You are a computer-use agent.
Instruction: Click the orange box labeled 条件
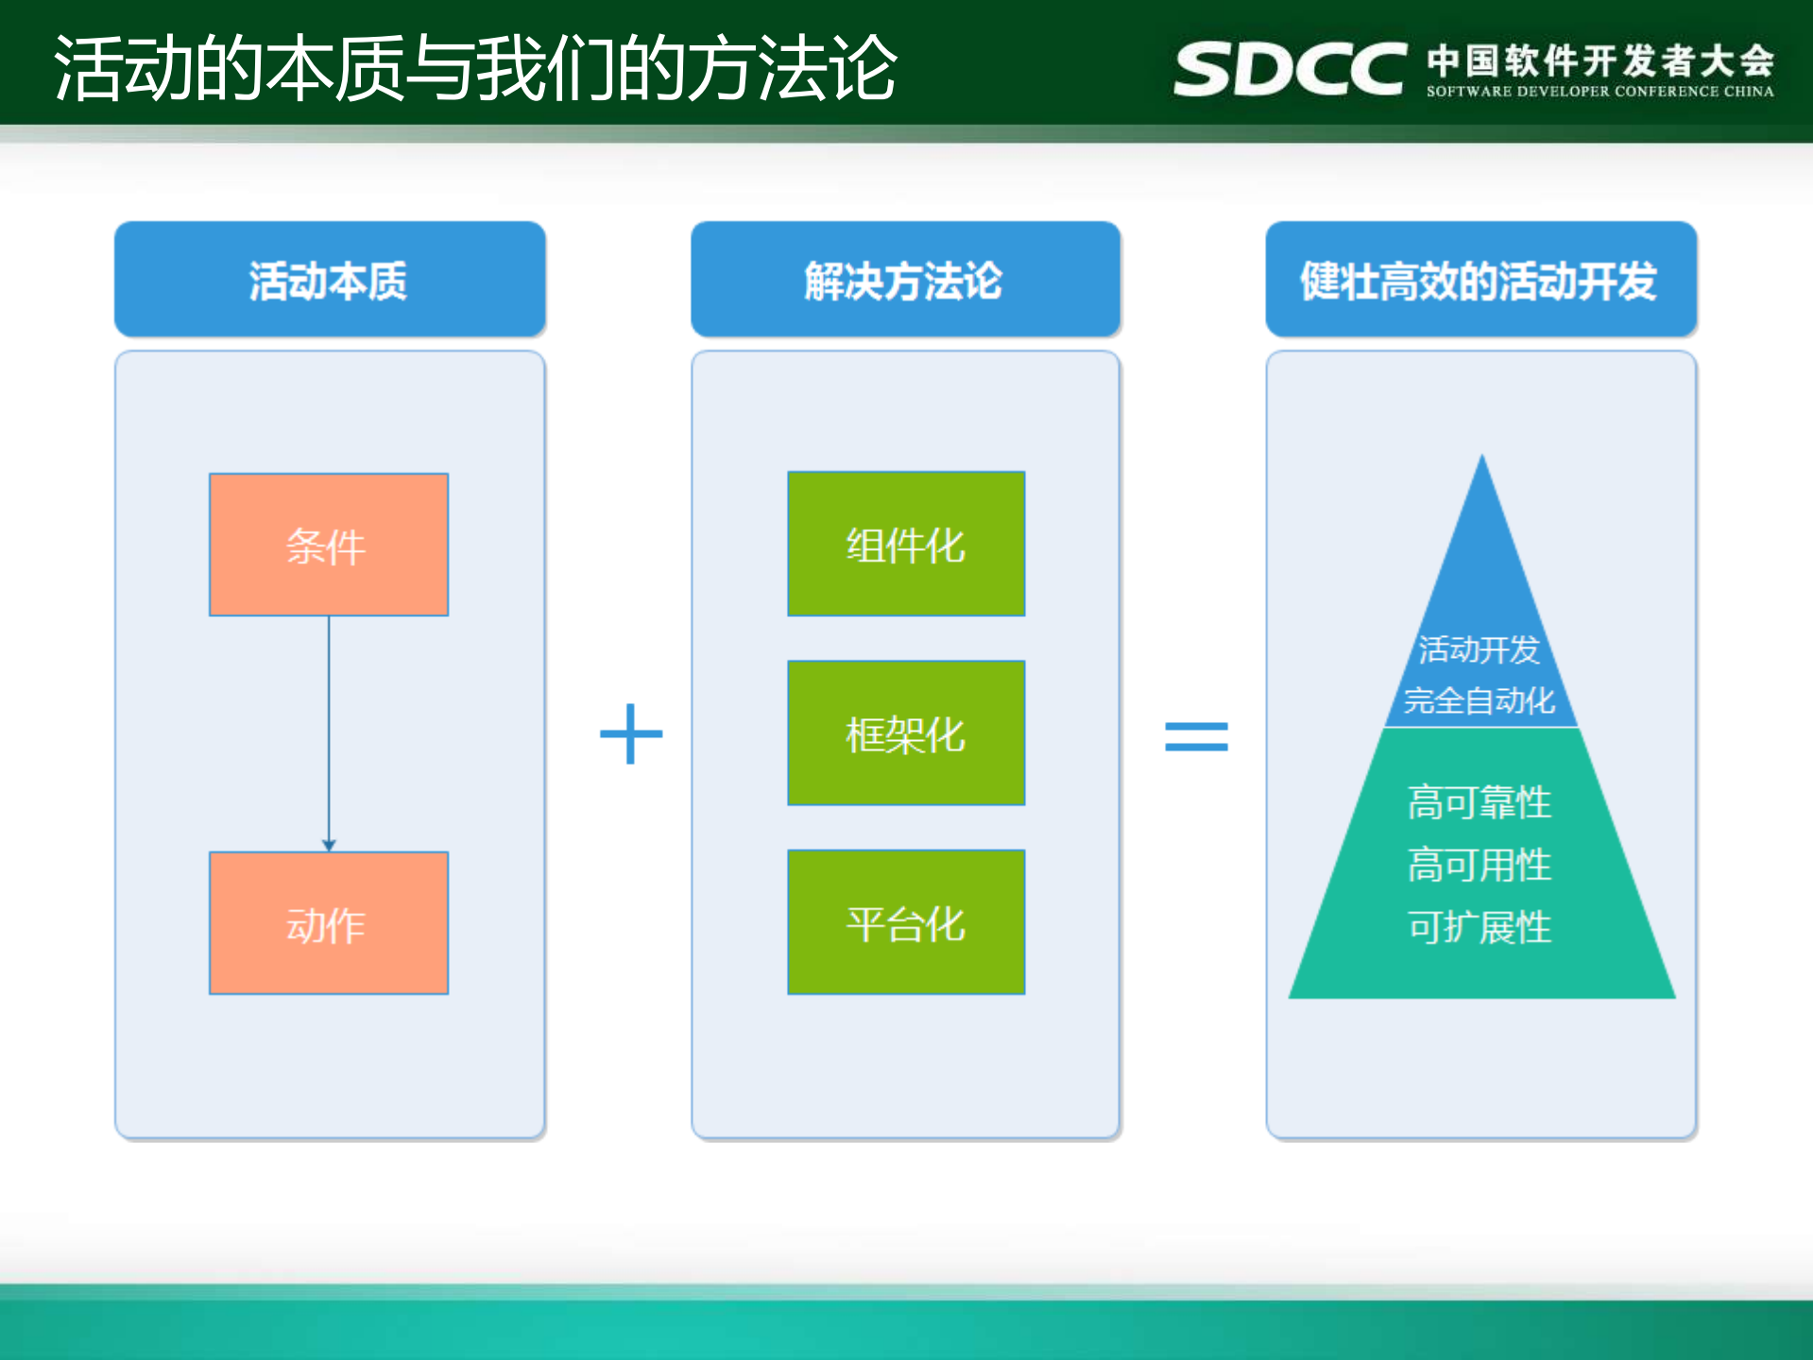(328, 544)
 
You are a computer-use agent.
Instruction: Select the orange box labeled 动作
(328, 922)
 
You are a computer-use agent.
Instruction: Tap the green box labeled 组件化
(905, 543)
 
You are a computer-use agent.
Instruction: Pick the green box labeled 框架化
(905, 732)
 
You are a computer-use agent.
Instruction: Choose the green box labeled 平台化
(905, 921)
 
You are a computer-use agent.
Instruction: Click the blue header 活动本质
(329, 280)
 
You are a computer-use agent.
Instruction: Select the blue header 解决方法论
(904, 280)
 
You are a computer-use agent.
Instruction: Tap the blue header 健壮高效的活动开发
(1479, 280)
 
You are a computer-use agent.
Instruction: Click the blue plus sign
(631, 733)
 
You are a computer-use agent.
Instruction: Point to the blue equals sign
(1195, 735)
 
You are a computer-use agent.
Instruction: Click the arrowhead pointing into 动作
(329, 845)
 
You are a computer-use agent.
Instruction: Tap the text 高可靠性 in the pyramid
(1479, 802)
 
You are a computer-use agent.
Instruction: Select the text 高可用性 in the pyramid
(1479, 865)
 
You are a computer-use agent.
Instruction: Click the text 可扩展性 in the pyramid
(1479, 927)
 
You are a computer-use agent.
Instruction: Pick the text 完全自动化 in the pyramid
(1479, 700)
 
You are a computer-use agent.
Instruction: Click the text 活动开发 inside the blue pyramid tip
(1479, 649)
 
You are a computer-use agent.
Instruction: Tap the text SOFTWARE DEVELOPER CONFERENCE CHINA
(1599, 92)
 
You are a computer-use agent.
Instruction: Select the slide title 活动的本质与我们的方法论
(475, 68)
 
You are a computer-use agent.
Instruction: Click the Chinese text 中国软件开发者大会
(1599, 60)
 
